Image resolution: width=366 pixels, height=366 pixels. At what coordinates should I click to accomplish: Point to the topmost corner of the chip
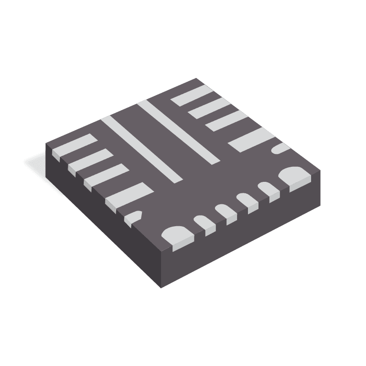(x=196, y=79)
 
